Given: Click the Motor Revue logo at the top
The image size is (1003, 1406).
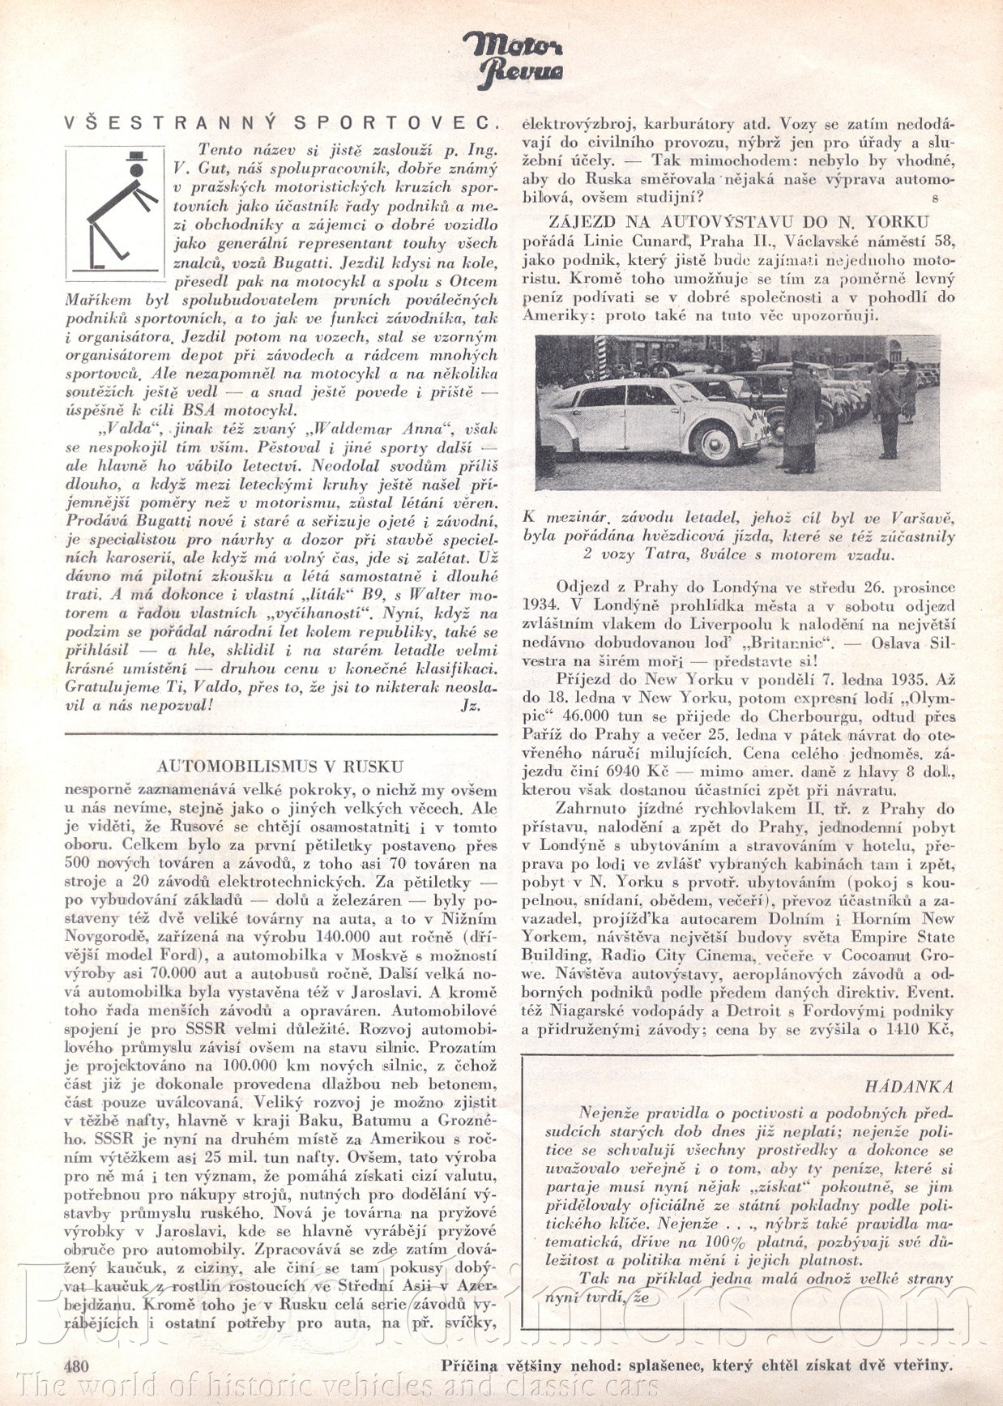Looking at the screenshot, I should click(x=514, y=58).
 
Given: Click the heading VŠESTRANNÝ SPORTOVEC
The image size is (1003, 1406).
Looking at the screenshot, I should click(x=280, y=122).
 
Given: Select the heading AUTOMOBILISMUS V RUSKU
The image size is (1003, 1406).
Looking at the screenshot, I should click(x=280, y=766).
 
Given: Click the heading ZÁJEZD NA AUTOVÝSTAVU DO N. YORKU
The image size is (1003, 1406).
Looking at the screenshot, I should click(x=739, y=221).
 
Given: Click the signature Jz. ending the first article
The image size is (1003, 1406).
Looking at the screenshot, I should click(x=470, y=705).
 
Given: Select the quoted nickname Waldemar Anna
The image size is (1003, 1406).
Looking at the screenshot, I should click(x=375, y=429).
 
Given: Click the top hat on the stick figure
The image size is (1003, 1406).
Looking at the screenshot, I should click(x=134, y=156).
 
